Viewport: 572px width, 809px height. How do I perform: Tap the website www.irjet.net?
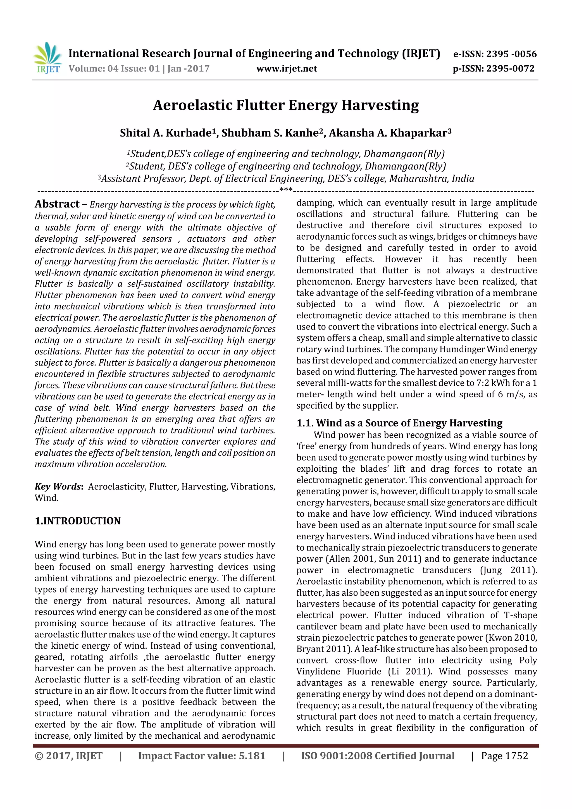(x=287, y=68)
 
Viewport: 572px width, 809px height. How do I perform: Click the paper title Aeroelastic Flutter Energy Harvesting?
(x=286, y=105)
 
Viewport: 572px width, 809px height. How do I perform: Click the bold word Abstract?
(x=57, y=204)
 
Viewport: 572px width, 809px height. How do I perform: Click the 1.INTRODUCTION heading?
(x=78, y=521)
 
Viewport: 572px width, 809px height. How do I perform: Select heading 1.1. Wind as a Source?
(x=399, y=423)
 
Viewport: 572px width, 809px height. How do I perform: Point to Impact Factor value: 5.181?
(x=202, y=756)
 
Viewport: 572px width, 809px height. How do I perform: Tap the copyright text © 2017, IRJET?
(x=68, y=756)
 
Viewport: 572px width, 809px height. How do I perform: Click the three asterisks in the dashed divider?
(x=286, y=190)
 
